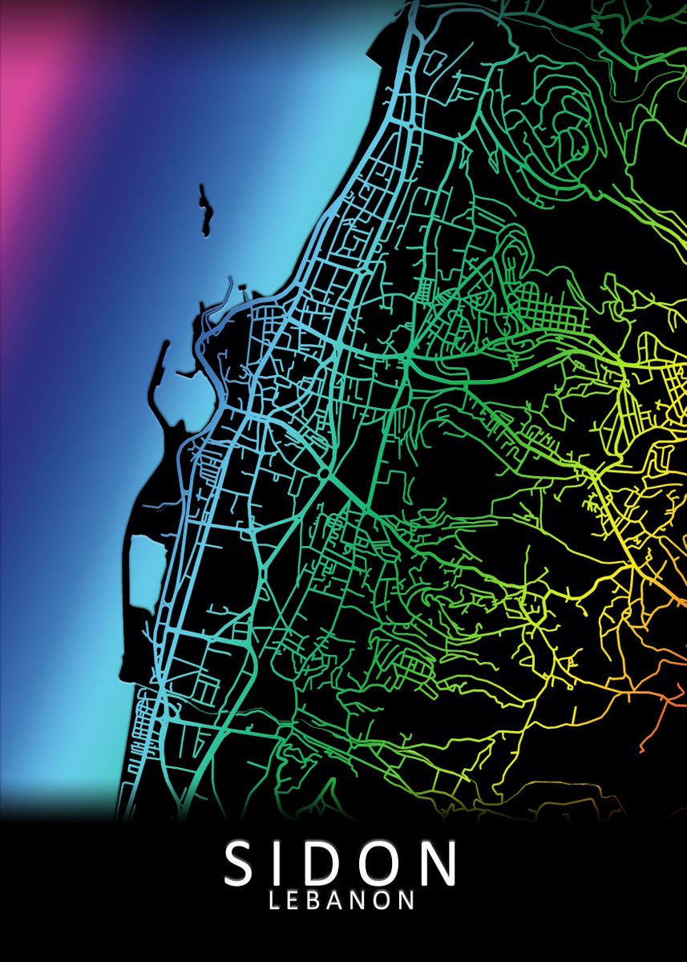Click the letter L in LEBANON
[x=275, y=899]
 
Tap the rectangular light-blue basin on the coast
[x=144, y=571]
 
